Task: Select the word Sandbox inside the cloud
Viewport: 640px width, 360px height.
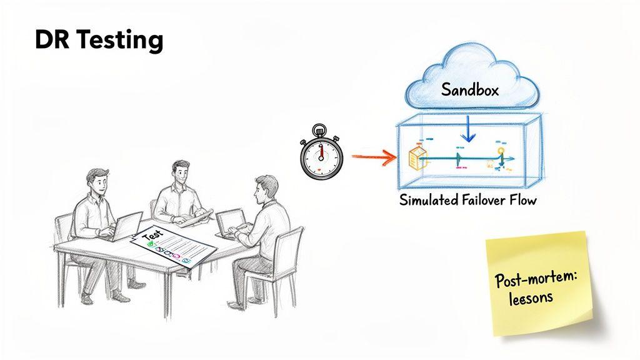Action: coord(470,89)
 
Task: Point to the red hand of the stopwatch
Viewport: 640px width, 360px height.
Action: coord(321,151)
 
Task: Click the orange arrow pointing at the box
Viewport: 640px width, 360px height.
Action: coord(374,156)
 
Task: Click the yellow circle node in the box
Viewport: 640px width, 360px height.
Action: coord(500,151)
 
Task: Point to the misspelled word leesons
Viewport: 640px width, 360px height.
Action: coord(530,297)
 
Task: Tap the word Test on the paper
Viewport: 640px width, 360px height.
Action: coord(152,236)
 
